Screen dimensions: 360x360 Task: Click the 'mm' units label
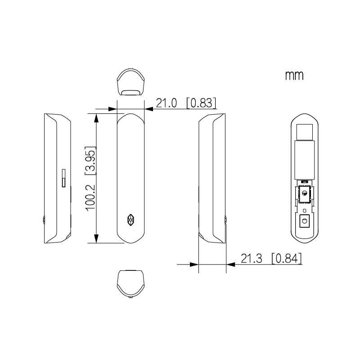[x=294, y=76]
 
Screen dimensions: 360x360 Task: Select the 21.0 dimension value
[x=166, y=103]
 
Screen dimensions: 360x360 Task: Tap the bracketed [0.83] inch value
[x=201, y=103]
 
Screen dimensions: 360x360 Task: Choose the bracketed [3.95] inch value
[x=90, y=161]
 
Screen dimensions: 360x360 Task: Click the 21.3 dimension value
[x=251, y=259]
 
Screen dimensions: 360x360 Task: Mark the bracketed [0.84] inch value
[x=286, y=259]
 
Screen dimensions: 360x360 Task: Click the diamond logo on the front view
[x=130, y=220]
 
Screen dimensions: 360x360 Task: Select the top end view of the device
[x=130, y=81]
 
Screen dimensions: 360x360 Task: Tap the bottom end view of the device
[x=130, y=284]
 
